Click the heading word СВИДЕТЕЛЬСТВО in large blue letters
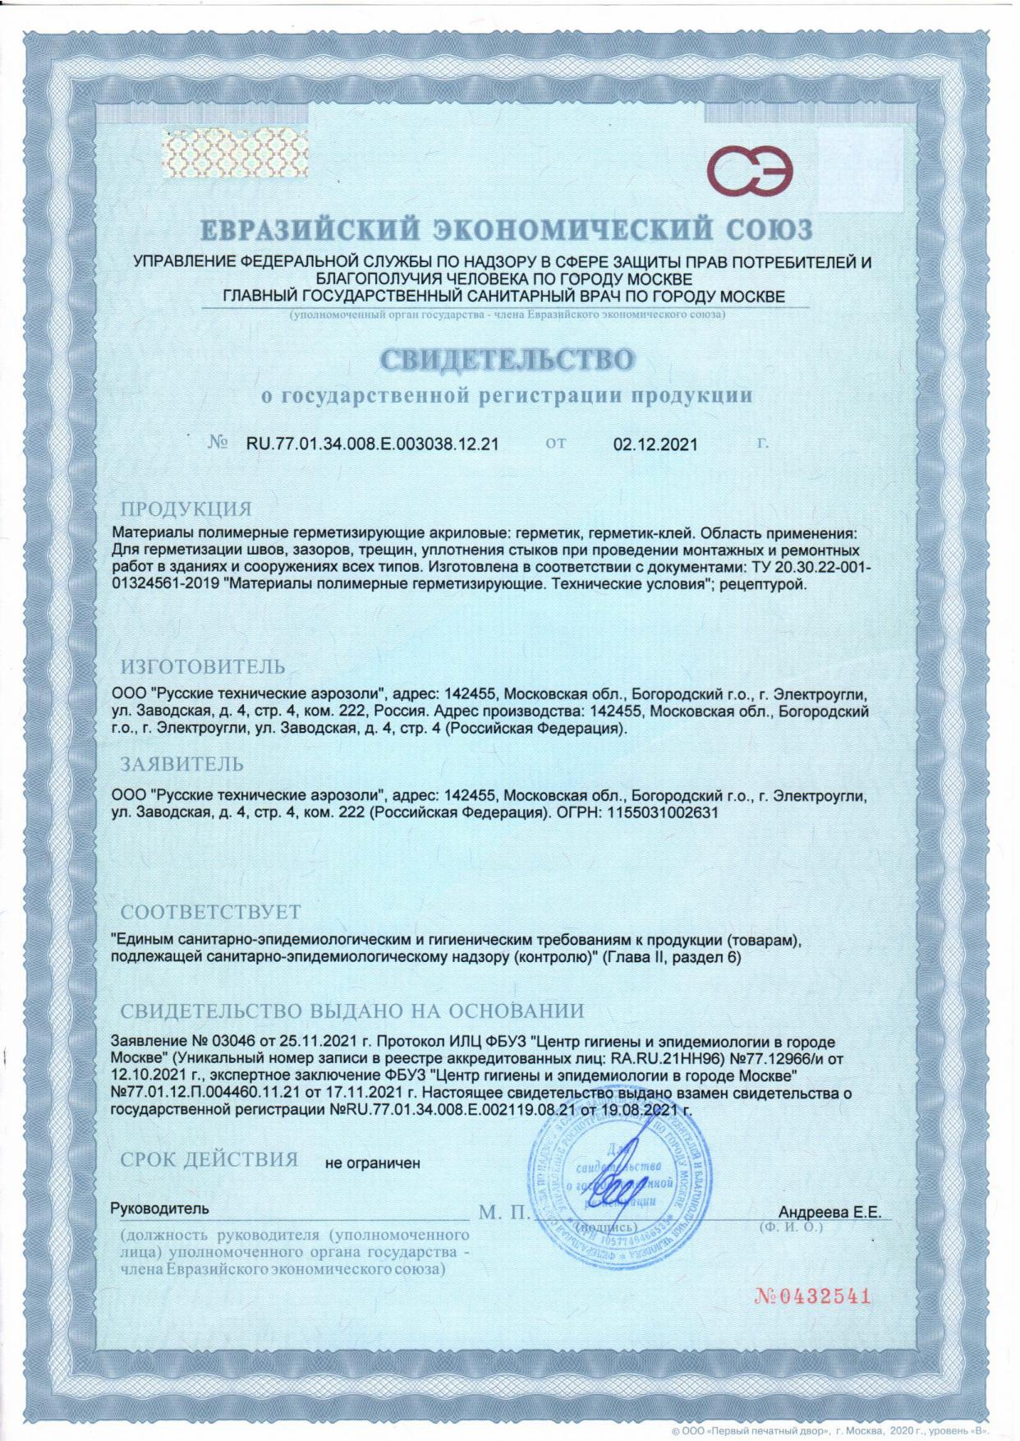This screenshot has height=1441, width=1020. coord(508,360)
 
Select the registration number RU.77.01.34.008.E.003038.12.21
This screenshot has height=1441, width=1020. coord(373,444)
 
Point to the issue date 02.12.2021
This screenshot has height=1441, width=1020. coord(655,444)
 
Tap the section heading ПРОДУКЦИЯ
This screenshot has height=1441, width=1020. coord(186,509)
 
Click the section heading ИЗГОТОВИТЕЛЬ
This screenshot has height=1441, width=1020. coord(203,666)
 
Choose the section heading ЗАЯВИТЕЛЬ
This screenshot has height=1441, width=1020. coord(182,764)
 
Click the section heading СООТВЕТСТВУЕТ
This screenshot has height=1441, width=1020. coord(210,913)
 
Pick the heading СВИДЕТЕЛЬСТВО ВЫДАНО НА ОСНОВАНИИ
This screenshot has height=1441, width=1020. coord(352,1011)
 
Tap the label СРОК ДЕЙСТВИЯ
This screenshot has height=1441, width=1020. coord(209,1159)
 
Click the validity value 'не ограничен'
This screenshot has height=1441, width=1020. coord(373,1162)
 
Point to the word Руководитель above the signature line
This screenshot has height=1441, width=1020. coord(159,1209)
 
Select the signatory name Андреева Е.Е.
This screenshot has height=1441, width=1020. coord(829,1213)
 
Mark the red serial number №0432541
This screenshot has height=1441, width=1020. coord(811,1297)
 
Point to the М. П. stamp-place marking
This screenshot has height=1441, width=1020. coord(503,1213)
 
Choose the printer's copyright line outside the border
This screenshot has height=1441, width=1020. coord(833,1430)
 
